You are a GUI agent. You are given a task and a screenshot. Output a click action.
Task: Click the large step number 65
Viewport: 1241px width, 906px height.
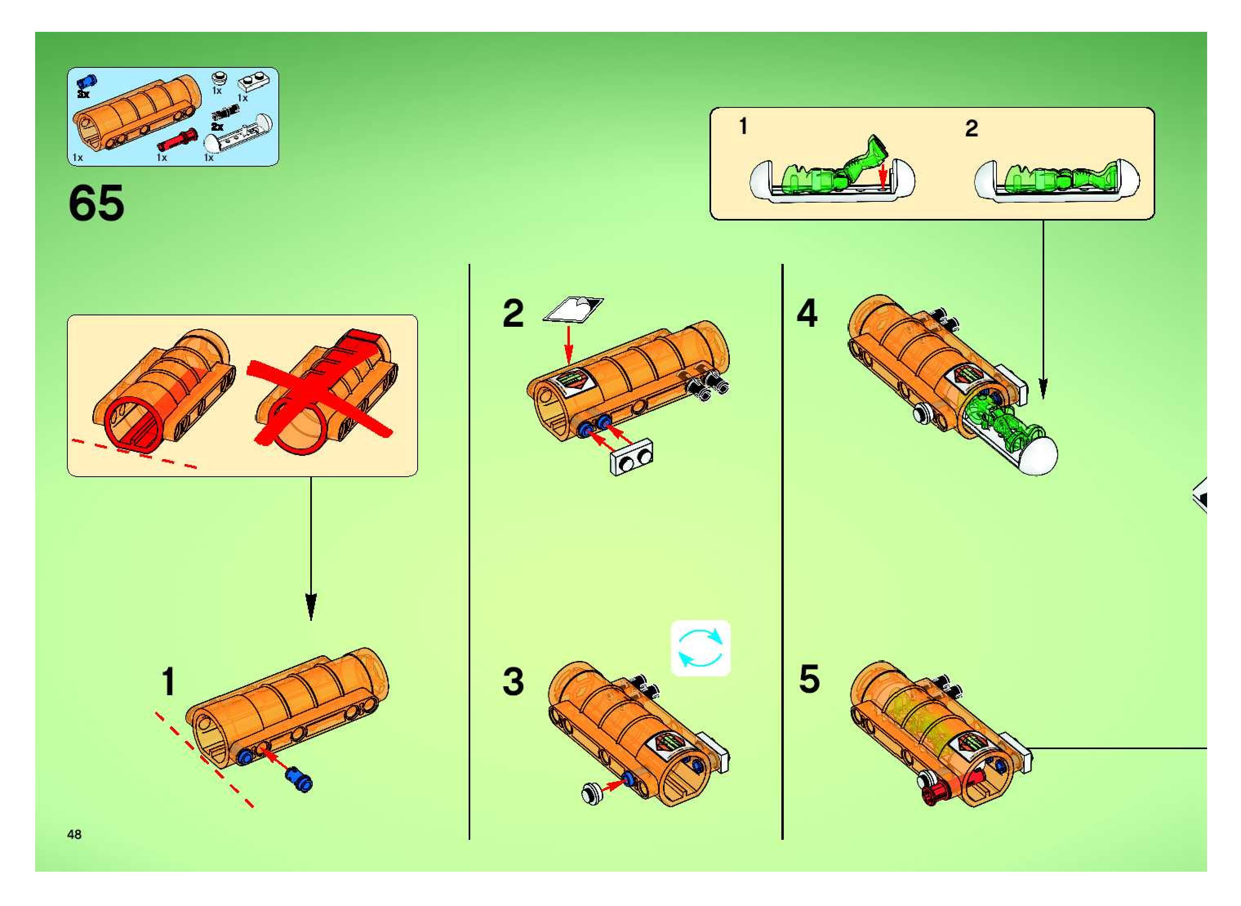(x=96, y=203)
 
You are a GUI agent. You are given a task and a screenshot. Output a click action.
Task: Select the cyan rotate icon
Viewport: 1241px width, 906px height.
(x=701, y=648)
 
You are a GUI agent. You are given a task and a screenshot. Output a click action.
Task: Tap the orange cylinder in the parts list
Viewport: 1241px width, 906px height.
(x=137, y=112)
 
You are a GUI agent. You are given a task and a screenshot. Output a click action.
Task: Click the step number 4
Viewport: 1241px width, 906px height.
(x=807, y=314)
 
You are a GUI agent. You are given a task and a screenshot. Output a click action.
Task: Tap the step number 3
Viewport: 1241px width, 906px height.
(x=513, y=682)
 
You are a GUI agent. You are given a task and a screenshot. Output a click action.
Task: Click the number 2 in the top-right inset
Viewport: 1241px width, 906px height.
(x=971, y=129)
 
